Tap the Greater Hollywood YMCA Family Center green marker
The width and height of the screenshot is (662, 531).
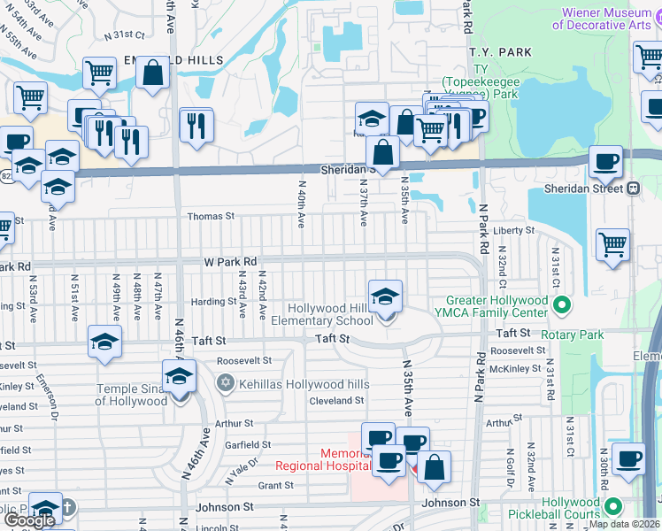(x=560, y=305)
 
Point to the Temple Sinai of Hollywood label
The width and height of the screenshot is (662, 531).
(x=131, y=395)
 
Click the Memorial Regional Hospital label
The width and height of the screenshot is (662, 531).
(x=322, y=458)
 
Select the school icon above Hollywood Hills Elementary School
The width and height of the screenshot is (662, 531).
(x=385, y=297)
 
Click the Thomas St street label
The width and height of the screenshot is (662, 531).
(x=211, y=216)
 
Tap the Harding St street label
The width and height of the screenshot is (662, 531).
(x=213, y=302)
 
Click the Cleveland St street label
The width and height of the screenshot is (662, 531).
(x=336, y=400)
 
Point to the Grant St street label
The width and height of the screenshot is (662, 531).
(x=275, y=486)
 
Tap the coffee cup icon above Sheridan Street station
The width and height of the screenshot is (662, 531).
(x=606, y=161)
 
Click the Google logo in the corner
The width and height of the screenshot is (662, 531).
(x=31, y=519)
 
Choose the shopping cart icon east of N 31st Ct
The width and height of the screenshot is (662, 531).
(x=612, y=243)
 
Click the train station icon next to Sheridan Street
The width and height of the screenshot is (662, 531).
(x=634, y=188)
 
